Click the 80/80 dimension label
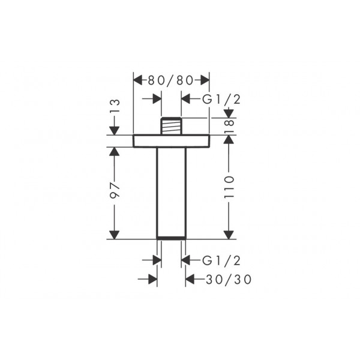(x=170, y=80)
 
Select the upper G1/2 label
(x=221, y=100)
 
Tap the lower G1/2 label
(x=221, y=260)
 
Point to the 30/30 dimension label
(x=229, y=280)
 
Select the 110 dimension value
(x=229, y=187)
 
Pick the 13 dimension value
(x=115, y=106)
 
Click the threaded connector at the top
(x=171, y=126)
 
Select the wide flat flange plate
(x=171, y=141)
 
